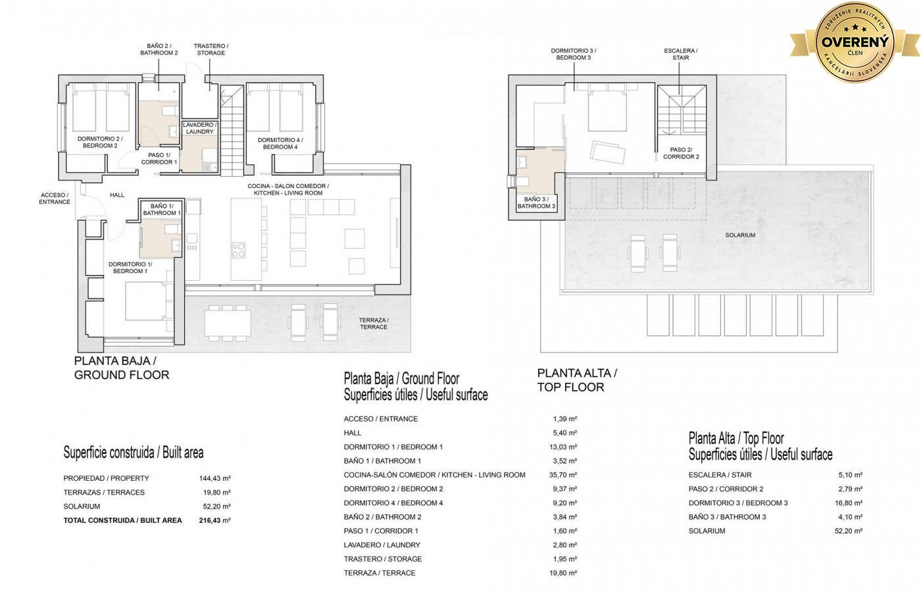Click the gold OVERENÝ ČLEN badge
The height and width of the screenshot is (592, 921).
pos(855,42)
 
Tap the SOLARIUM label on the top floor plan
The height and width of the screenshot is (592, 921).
pos(740,235)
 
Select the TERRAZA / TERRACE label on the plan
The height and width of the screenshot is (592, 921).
pos(374,324)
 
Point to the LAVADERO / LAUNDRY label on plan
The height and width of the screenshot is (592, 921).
pos(199,128)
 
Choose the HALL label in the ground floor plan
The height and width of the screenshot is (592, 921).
pos(117,195)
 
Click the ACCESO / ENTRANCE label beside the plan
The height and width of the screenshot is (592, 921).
pos(54,199)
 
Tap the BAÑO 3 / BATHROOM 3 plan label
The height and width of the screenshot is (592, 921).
pos(536,203)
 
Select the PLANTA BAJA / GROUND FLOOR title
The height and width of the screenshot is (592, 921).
pos(121,368)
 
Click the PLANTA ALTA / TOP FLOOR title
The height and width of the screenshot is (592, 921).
pos(577,380)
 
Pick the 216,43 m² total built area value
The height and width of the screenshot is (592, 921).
pos(214,520)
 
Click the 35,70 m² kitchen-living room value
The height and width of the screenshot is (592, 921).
pos(563,475)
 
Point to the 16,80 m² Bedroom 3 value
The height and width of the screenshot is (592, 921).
pos(849,503)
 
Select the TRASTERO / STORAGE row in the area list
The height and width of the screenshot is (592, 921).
pos(383,559)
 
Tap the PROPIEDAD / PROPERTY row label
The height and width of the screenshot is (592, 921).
pos(106,478)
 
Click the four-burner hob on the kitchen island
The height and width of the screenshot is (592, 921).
pos(238,250)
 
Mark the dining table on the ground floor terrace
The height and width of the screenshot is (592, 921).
pos(228,323)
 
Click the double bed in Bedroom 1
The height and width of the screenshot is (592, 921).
pos(146,301)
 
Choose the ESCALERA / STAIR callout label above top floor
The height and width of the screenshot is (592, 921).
pos(680,54)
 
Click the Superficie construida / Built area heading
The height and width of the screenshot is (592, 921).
pos(133,453)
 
